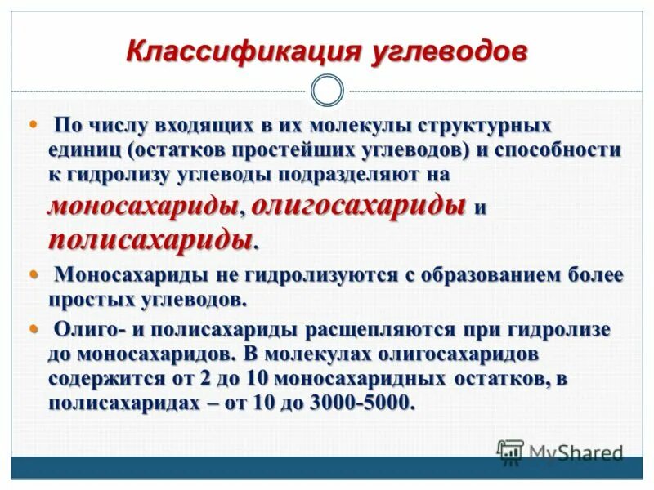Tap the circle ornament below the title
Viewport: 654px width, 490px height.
(x=328, y=90)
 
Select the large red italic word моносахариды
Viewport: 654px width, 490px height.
(x=143, y=206)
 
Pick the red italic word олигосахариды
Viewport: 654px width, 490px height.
(x=359, y=206)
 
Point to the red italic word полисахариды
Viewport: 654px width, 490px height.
(x=150, y=240)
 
